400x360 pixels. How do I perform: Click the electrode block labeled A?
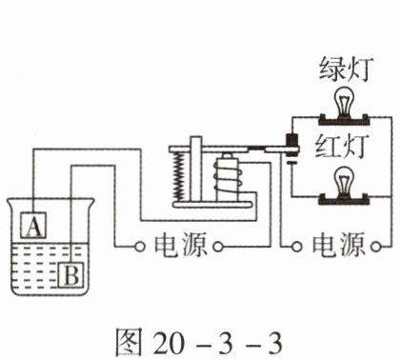click(x=33, y=225)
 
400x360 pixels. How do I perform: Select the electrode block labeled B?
click(x=70, y=274)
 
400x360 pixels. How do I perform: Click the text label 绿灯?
click(x=345, y=70)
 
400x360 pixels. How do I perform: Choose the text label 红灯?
click(x=341, y=147)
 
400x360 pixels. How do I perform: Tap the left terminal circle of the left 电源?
click(x=139, y=247)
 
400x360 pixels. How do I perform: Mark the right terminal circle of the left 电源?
click(x=218, y=247)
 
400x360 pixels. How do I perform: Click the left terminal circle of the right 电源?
click(x=297, y=247)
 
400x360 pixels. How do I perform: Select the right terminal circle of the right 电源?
click(x=376, y=247)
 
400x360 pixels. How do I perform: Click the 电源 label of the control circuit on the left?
click(x=180, y=245)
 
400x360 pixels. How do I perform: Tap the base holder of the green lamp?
click(x=344, y=120)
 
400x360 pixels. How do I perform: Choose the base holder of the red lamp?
click(x=344, y=199)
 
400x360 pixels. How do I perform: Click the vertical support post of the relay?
click(x=195, y=170)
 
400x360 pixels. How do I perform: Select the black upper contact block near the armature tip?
click(x=291, y=140)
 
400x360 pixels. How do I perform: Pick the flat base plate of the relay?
click(x=213, y=205)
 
